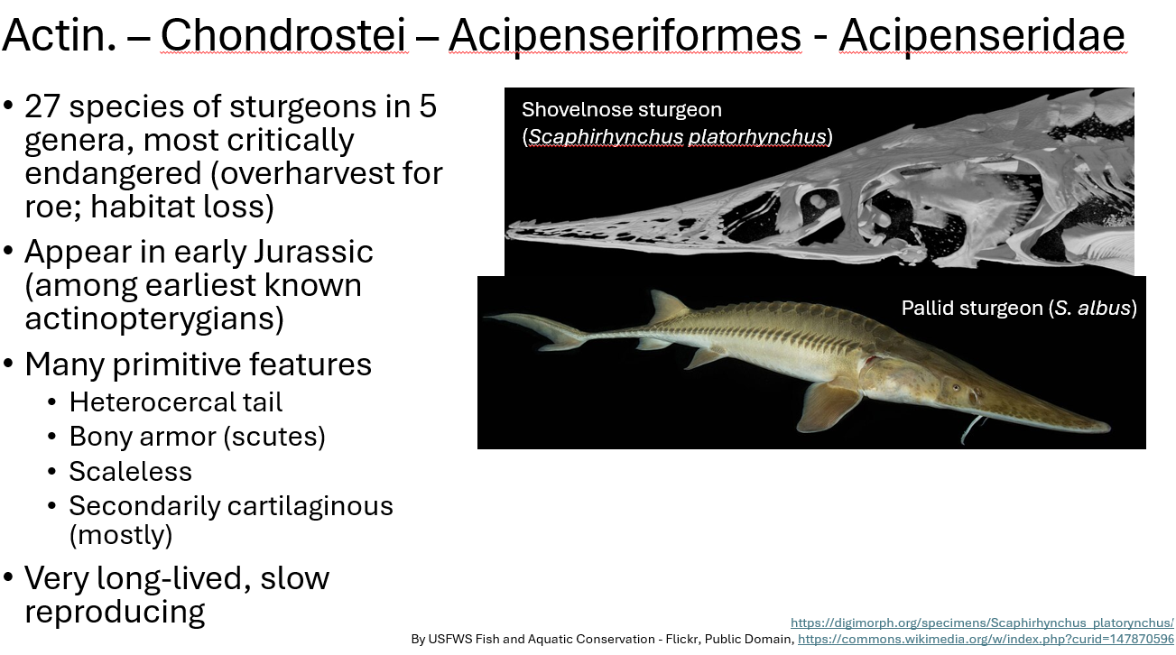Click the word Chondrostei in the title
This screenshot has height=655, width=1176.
[x=282, y=36]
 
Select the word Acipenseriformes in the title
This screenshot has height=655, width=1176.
[x=625, y=36]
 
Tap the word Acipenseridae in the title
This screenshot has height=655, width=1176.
[x=981, y=36]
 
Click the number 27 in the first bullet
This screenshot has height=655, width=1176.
[x=42, y=106]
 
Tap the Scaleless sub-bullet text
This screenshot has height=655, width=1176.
[x=131, y=471]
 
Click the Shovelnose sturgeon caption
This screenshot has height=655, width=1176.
[x=622, y=110]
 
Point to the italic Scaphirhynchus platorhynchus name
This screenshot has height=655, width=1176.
[x=677, y=136]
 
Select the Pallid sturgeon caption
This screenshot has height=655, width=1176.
[x=1018, y=308]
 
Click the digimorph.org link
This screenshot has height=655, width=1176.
[x=982, y=623]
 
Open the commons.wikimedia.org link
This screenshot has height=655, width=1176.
[x=986, y=639]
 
